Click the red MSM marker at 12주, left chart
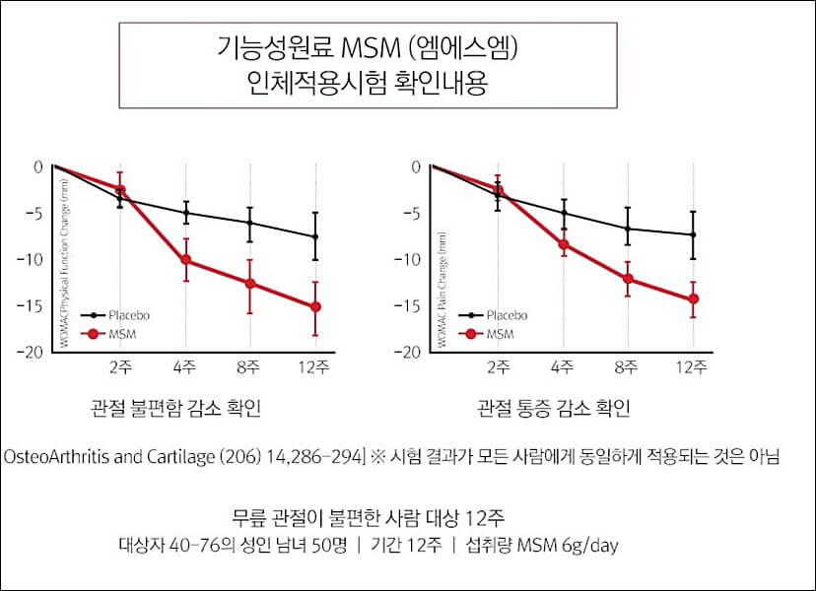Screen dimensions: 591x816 (314, 306)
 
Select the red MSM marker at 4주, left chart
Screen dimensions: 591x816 (185, 260)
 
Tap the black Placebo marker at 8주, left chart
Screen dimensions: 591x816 (249, 223)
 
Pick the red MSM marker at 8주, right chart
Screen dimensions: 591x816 (628, 278)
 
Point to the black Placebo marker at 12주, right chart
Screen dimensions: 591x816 (693, 234)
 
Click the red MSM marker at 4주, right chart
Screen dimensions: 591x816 (564, 244)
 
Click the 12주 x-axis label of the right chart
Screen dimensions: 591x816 (692, 369)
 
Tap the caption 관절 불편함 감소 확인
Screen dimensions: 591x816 (174, 408)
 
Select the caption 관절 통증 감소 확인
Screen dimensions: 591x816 (553, 408)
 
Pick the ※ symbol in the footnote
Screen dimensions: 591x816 (375, 457)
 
